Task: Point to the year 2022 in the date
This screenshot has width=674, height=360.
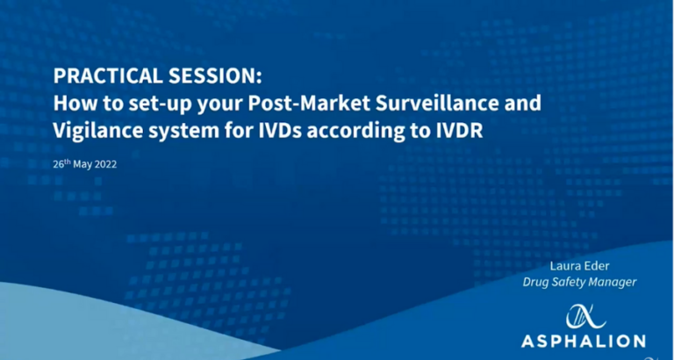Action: [106, 165]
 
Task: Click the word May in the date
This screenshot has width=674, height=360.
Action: [83, 165]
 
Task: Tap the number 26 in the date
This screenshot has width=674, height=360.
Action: [58, 165]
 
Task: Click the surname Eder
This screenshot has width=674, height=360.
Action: [597, 266]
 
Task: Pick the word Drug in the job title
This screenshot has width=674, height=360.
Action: [534, 283]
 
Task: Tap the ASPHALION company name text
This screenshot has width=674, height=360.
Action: [584, 341]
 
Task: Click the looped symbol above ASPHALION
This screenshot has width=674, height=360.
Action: [584, 317]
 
